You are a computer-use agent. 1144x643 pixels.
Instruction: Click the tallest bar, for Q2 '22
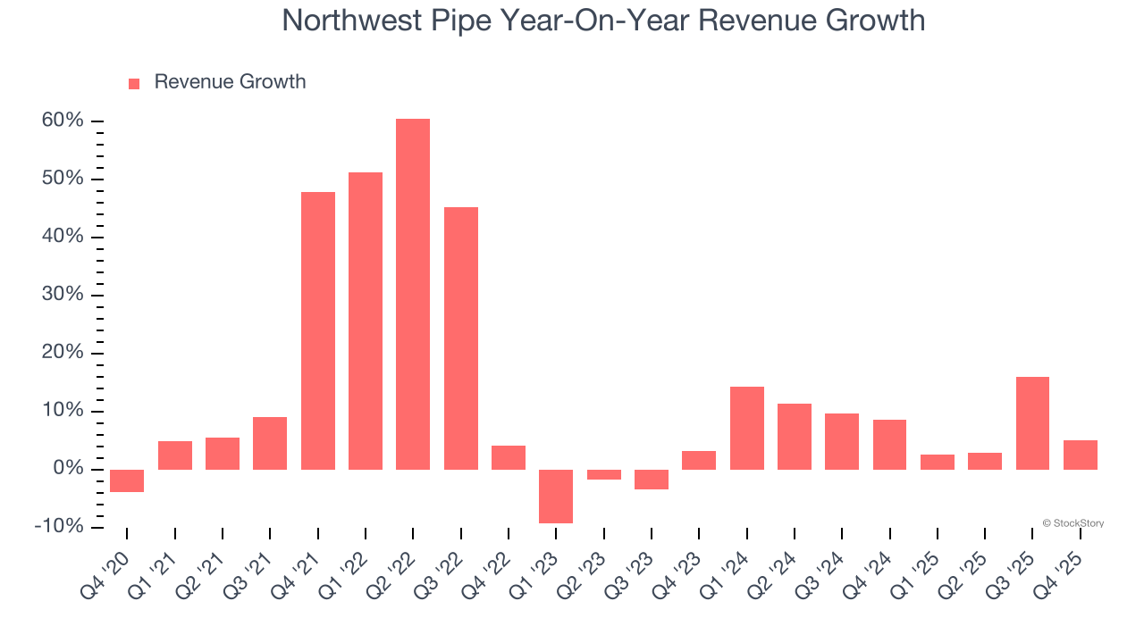point(413,294)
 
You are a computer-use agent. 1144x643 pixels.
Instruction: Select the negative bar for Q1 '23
point(556,496)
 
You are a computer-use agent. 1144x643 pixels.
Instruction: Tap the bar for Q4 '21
point(317,330)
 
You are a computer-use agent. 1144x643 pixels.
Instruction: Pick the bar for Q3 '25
point(1032,422)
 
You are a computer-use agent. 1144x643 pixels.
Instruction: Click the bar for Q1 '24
point(746,428)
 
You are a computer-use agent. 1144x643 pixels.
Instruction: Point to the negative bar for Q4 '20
point(127,480)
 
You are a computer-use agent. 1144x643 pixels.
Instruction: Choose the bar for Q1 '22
point(366,321)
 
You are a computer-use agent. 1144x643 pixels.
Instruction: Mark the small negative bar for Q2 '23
point(603,474)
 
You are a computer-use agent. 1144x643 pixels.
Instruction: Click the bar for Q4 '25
point(1080,455)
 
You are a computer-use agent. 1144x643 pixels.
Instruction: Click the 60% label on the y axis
point(63,121)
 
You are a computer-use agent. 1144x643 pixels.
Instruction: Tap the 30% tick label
point(63,295)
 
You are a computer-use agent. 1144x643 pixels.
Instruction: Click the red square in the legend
point(134,83)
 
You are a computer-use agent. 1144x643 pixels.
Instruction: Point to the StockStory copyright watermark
point(1072,523)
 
